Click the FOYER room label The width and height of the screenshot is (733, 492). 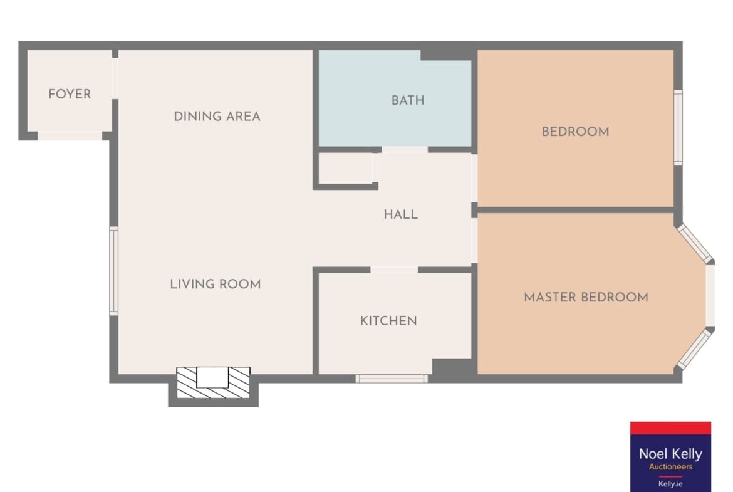coord(70,94)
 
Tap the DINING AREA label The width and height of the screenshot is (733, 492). coord(217,117)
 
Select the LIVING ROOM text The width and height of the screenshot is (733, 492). coord(216,284)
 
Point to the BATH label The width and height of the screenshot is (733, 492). coord(408,100)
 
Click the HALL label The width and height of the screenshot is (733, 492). coord(400,215)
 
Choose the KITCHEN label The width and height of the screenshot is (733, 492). coord(388,321)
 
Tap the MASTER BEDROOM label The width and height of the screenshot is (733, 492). coord(586,297)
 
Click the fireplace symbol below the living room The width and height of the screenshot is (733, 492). coord(213,382)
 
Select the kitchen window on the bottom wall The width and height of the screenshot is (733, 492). coord(392,379)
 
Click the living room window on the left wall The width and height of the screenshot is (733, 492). coord(113,271)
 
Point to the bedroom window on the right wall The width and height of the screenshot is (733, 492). coord(678,128)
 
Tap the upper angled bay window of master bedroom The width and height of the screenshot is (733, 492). coord(695,244)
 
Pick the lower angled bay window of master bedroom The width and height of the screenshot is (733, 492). coord(695,349)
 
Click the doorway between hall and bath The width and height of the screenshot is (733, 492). coord(405,150)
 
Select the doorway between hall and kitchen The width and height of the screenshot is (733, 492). coord(394,270)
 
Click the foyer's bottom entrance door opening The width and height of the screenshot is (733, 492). coord(70,136)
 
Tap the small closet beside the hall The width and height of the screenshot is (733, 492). coord(345,169)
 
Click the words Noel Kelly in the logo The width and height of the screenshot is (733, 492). coord(670,454)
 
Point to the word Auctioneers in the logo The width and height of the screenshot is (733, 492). coord(671,467)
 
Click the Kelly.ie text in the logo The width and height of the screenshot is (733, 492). coord(670,484)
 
